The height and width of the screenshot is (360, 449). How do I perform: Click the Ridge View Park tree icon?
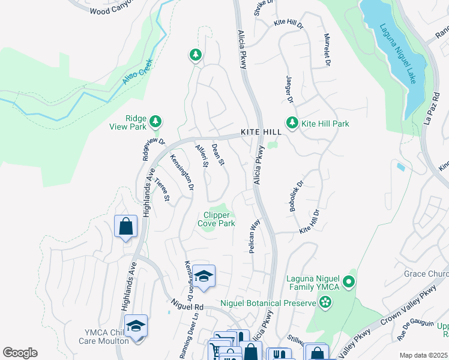155,122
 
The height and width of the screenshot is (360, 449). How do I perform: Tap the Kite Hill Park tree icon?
292,123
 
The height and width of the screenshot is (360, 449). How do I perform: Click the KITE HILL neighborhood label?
261,132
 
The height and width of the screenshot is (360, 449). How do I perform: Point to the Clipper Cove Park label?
216,219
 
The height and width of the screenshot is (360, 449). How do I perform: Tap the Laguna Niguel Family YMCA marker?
349,281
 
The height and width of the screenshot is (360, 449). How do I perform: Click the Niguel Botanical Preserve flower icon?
325,303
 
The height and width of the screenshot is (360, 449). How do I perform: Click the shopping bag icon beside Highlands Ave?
126,227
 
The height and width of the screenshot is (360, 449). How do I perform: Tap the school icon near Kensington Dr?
204,276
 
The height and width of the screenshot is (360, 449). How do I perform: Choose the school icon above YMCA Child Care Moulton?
136,326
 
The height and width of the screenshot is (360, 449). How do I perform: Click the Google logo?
20,353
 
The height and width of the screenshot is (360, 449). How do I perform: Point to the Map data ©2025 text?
423,355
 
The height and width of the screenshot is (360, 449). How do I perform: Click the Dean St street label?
218,154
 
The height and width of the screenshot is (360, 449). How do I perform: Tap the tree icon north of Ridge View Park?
195,56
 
